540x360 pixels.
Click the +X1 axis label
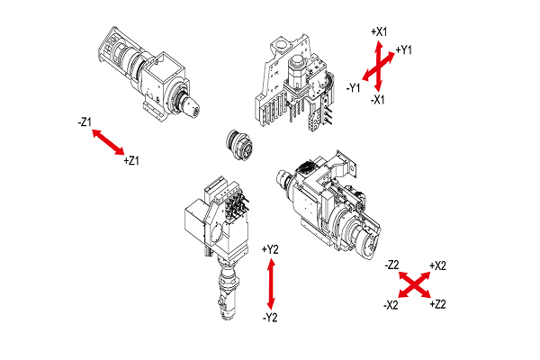(x=379, y=31)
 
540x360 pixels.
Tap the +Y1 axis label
(x=403, y=49)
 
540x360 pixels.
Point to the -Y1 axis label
(x=354, y=87)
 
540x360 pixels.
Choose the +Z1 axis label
(x=131, y=161)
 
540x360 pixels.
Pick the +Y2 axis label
(x=270, y=249)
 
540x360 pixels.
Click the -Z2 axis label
(x=391, y=265)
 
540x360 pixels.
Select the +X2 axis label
(x=439, y=265)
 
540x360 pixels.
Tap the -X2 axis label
(x=391, y=305)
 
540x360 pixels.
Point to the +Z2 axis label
(x=438, y=305)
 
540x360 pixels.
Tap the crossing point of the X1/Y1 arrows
(x=379, y=66)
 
